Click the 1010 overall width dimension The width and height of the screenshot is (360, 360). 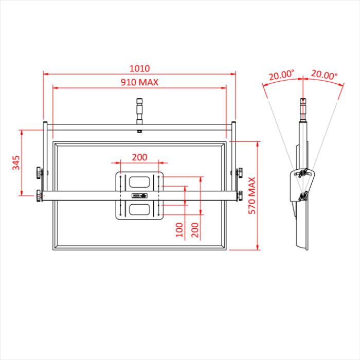139,68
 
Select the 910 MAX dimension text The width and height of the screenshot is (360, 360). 139,82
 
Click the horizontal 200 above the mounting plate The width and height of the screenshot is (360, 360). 139,157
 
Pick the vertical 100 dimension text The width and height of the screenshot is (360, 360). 179,229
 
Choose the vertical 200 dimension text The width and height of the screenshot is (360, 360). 194,229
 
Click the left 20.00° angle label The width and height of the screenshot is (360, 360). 281,75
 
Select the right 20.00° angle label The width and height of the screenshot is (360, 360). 324,75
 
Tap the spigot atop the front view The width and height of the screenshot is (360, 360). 139,110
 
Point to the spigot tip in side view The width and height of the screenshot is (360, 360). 302,103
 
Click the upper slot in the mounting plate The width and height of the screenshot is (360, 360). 139,181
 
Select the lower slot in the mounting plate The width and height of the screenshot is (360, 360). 139,209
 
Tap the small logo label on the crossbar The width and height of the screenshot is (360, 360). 139,195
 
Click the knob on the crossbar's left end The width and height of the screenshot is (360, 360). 40,195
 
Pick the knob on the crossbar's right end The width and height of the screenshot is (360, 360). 239,195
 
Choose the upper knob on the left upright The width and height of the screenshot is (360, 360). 40,172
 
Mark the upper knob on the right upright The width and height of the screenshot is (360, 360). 239,172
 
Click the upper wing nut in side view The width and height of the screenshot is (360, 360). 303,172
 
